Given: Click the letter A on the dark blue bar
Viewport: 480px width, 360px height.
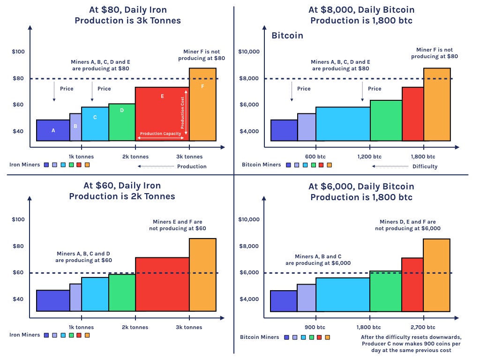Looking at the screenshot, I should (x=53, y=131).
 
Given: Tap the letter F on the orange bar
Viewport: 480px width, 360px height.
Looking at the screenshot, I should (x=202, y=86).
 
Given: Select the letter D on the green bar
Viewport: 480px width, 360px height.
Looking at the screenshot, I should (x=122, y=111).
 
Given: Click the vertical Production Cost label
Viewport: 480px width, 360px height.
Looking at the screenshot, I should (x=183, y=110).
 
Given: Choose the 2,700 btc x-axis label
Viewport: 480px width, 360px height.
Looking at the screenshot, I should (x=423, y=327).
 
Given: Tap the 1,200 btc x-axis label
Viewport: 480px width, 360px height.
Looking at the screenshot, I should (x=369, y=157).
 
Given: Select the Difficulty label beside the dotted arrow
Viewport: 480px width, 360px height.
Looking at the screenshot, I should (x=425, y=166).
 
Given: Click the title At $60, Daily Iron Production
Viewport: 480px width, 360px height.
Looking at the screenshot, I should (x=122, y=191).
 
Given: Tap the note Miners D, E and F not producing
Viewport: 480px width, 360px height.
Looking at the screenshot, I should (x=408, y=225).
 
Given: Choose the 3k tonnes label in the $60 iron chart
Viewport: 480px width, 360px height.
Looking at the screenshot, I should (x=189, y=327).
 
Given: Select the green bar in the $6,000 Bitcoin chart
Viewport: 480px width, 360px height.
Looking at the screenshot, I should (x=385, y=291).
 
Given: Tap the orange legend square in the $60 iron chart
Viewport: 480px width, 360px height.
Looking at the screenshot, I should (x=87, y=335).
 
